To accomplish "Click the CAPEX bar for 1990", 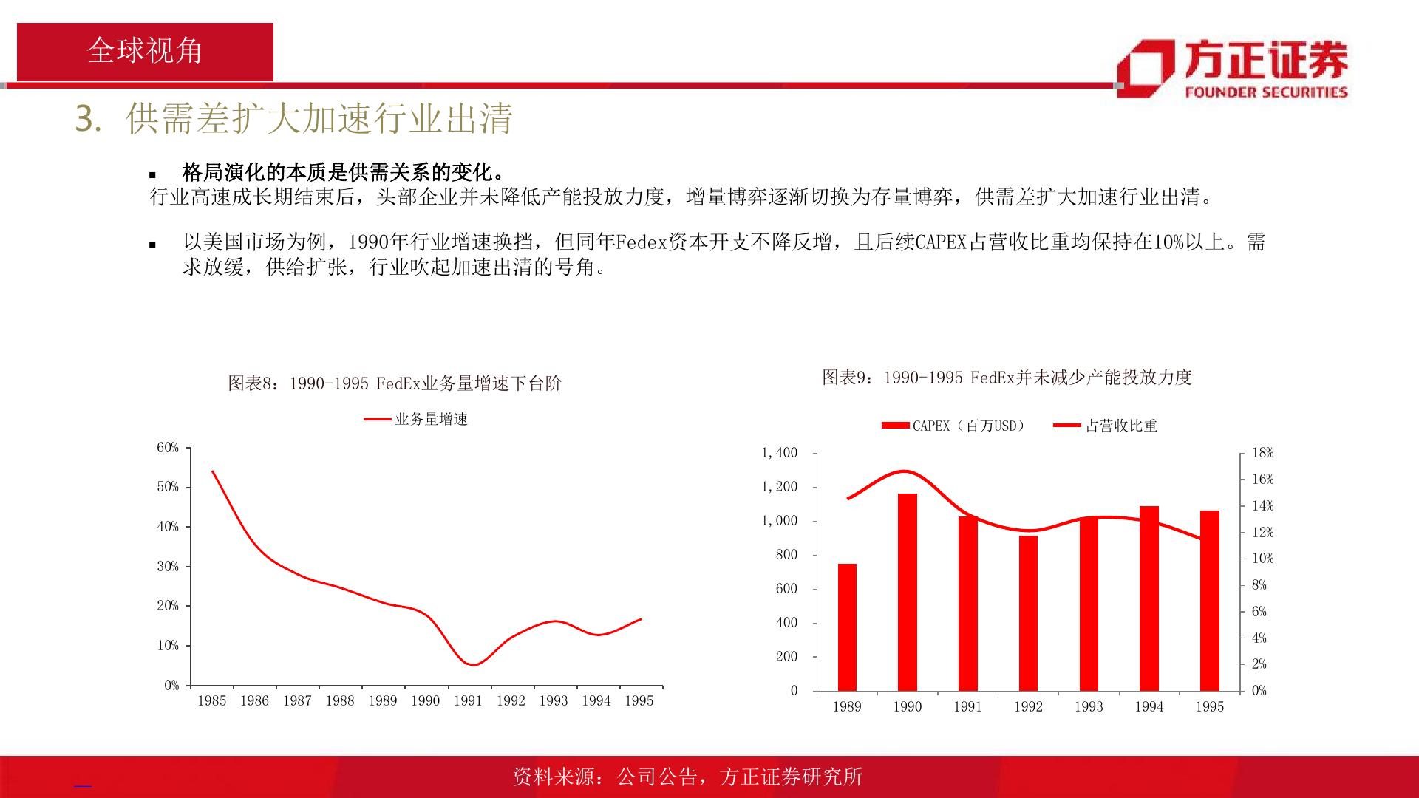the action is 907,592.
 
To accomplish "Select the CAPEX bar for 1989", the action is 847,627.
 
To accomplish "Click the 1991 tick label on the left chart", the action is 468,700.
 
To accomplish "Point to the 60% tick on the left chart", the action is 168,448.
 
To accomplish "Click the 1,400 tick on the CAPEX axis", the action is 780,453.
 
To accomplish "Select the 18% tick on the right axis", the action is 1263,453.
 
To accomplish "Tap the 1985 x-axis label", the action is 211,700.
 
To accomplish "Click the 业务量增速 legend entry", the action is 416,420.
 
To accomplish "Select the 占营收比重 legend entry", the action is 1106,426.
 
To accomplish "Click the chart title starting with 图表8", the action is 395,383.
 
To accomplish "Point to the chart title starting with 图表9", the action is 1007,377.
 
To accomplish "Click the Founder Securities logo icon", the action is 1146,69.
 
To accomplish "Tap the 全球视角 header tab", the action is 145,51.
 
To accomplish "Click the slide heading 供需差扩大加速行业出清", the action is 319,119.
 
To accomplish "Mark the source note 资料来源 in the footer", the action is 687,777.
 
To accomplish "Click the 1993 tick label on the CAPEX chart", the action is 1089,706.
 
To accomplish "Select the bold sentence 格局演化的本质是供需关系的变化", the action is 344,173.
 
